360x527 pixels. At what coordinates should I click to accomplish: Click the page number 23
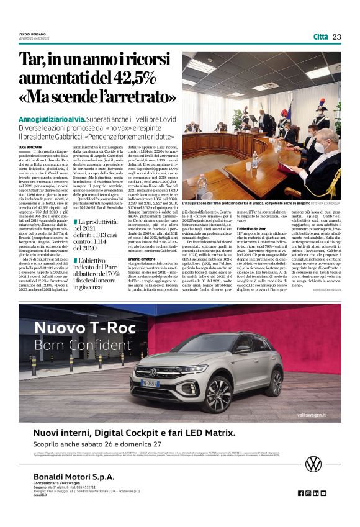(x=336, y=37)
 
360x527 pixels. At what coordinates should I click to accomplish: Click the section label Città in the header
(x=320, y=37)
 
